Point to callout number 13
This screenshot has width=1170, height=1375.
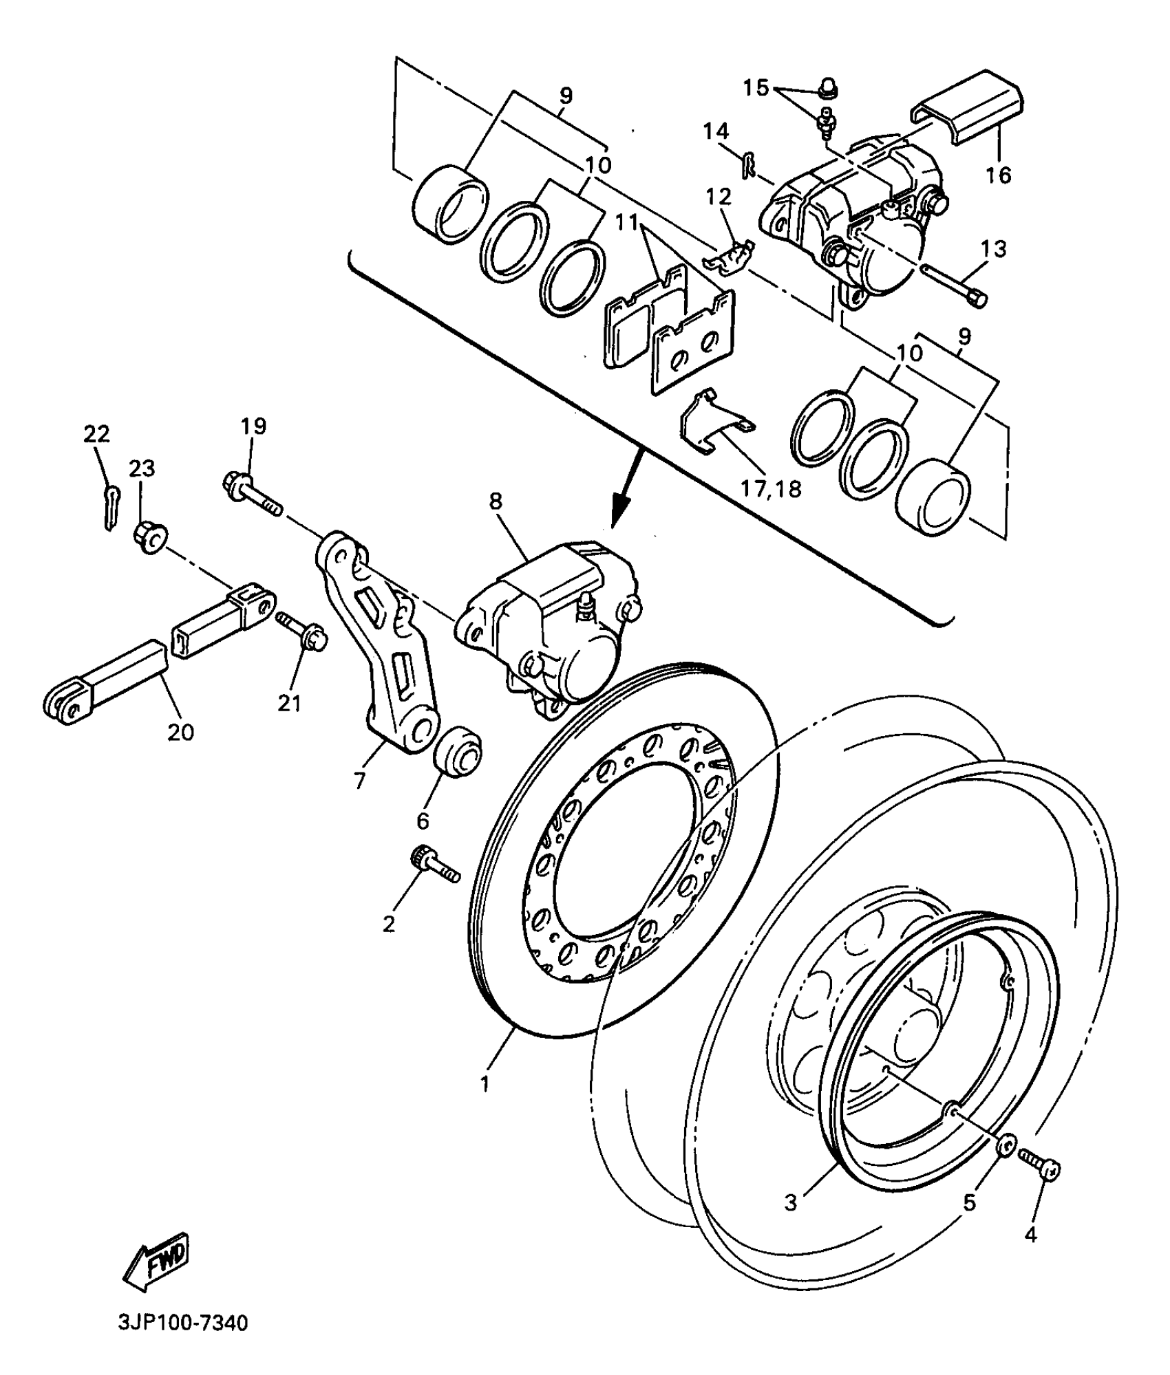[994, 248]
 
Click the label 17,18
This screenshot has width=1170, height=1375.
[771, 488]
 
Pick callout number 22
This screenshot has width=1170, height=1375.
[96, 434]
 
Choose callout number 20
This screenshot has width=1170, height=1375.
[180, 733]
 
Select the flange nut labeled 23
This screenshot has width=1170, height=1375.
[148, 538]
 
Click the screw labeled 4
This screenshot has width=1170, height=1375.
[1040, 1167]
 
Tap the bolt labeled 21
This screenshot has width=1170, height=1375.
[303, 632]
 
